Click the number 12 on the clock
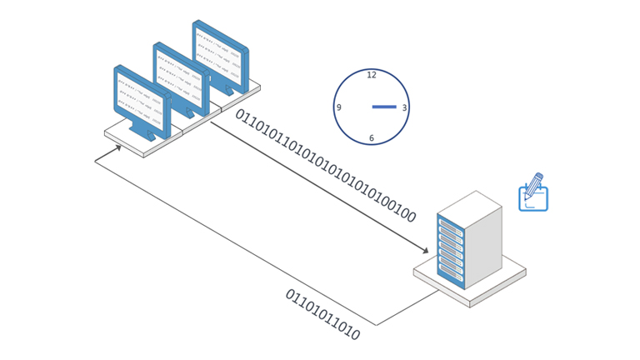coord(372,76)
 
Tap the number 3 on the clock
coord(404,107)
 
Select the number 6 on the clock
coord(372,138)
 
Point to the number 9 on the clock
coord(339,107)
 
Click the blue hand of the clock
coord(384,107)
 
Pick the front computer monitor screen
coord(139,101)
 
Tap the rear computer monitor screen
coord(218,53)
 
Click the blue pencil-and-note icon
coord(533,195)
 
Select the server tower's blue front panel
coord(450,251)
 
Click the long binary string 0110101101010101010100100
coord(325,166)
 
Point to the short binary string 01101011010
coord(322,315)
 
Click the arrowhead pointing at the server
coord(426,250)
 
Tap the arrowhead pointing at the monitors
coord(118,148)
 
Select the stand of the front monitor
coord(147,133)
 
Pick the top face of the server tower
coord(469,204)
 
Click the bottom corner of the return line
coord(376,325)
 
